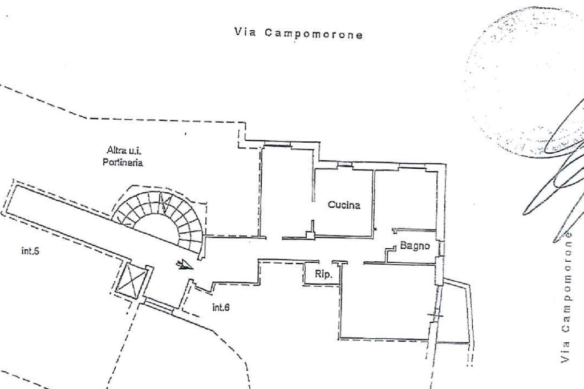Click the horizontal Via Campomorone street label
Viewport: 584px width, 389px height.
coord(298,34)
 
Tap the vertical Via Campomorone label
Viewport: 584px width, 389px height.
coord(566,298)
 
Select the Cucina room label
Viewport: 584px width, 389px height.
coord(344,205)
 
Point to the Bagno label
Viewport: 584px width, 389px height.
coord(415,246)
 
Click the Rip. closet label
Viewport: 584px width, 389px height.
coord(323,274)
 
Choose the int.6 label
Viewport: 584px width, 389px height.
coord(221,307)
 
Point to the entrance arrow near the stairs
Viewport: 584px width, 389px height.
coord(184,264)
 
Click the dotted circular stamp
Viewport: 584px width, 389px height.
coord(516,80)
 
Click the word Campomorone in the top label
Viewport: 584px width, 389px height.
coord(314,34)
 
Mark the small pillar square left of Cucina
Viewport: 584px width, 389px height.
coord(310,234)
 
